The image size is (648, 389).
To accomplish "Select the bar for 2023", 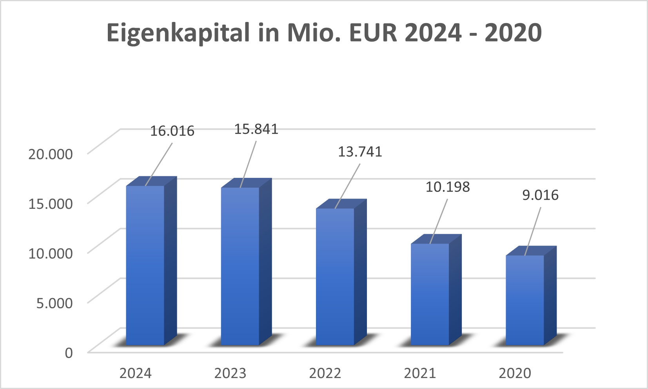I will pos(240,266).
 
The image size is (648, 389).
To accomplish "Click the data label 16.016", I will pos(172,131).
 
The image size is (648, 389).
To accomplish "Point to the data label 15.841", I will pos(256,129).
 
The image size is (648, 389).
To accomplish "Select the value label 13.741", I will pos(360,152).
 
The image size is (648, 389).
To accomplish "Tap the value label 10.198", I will pos(448,187).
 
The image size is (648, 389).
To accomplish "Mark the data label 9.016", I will pos(540,195).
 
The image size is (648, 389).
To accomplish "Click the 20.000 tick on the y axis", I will pos(50,154).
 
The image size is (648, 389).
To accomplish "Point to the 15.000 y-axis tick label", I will pos(50,204).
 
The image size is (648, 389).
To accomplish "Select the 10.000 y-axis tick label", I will pos(50,253).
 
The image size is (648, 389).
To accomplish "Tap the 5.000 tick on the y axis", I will pos(54,303).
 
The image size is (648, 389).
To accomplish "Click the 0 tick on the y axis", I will pos(69,353).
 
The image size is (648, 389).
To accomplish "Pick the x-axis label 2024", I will pos(135,373).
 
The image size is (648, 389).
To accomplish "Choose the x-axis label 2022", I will pos(325,373).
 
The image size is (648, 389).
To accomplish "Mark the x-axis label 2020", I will pos(515,373).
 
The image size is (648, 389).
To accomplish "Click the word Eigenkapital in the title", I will pos(178,33).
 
